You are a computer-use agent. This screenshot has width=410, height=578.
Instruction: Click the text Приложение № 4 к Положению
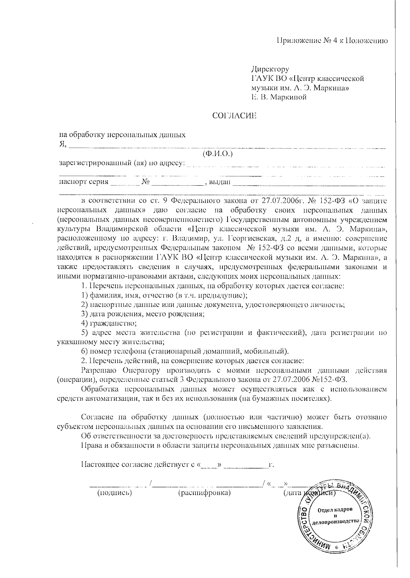tap(332, 41)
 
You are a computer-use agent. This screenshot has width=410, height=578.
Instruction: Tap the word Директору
tap(270, 69)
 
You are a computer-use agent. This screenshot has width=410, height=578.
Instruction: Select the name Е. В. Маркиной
tap(279, 97)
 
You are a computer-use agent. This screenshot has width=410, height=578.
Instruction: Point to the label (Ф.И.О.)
tap(217, 154)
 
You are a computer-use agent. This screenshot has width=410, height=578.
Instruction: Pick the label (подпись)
tap(114, 493)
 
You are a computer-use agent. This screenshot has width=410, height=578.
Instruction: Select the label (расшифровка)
tap(204, 493)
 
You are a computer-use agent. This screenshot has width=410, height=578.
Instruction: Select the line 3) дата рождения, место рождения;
tap(143, 313)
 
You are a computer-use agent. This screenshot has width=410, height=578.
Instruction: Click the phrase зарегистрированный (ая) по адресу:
tap(122, 163)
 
